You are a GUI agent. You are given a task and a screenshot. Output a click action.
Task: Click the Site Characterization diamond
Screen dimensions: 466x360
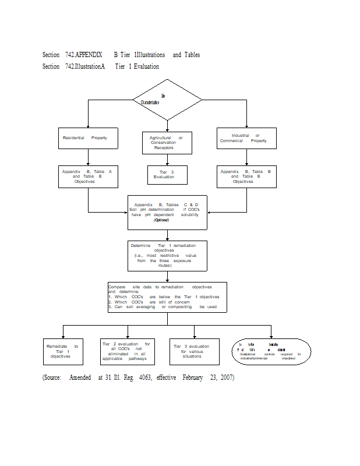(x=167, y=99)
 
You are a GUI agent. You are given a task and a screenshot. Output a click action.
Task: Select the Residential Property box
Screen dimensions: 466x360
(x=88, y=138)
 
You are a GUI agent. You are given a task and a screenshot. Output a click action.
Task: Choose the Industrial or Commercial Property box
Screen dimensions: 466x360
(x=246, y=138)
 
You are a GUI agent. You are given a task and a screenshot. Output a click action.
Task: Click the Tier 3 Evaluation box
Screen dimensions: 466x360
(x=167, y=174)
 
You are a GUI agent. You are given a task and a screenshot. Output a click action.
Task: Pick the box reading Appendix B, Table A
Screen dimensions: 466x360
(x=88, y=176)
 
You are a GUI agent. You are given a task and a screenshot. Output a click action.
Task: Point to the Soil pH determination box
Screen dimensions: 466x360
(x=167, y=213)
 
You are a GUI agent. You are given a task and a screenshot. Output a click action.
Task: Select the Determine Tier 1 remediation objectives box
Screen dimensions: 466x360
(x=167, y=256)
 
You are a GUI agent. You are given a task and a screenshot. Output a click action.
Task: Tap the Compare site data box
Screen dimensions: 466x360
(x=167, y=297)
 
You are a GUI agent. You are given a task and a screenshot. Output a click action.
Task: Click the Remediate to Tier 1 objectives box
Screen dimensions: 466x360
(x=62, y=351)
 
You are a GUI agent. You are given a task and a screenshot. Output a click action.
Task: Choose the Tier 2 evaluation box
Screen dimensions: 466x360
(x=126, y=351)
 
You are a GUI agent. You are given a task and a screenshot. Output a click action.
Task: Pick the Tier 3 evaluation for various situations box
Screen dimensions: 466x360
(x=195, y=351)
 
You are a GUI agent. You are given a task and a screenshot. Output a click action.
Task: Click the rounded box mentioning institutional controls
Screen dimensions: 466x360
(x=271, y=351)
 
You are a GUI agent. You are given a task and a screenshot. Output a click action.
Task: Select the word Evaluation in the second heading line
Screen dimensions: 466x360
(x=146, y=66)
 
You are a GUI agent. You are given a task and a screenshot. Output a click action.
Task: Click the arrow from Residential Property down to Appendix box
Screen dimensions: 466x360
(x=88, y=157)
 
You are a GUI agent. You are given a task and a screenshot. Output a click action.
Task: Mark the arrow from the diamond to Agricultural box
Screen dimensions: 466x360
(x=167, y=123)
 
